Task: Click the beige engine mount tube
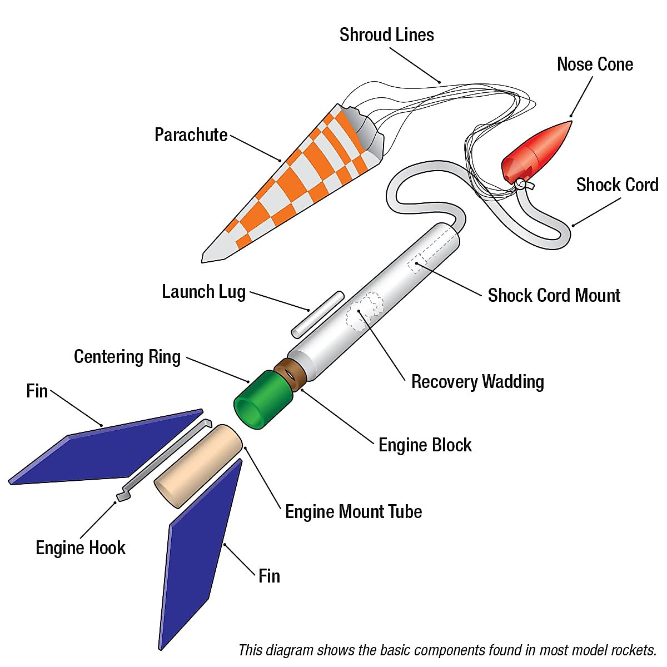click(x=197, y=466)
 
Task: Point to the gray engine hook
click(x=164, y=456)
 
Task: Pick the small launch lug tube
click(x=317, y=314)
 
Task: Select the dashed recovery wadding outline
click(x=364, y=311)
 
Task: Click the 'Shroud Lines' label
click(x=386, y=35)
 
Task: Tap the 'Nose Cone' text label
click(x=595, y=64)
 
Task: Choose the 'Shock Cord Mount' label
click(x=554, y=296)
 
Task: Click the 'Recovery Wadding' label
click(x=477, y=382)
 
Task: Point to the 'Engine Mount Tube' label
click(x=354, y=512)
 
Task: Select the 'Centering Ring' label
click(x=127, y=357)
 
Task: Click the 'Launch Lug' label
click(x=203, y=292)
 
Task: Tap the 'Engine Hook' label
click(x=81, y=548)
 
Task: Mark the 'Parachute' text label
click(x=191, y=135)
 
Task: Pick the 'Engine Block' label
click(x=425, y=445)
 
